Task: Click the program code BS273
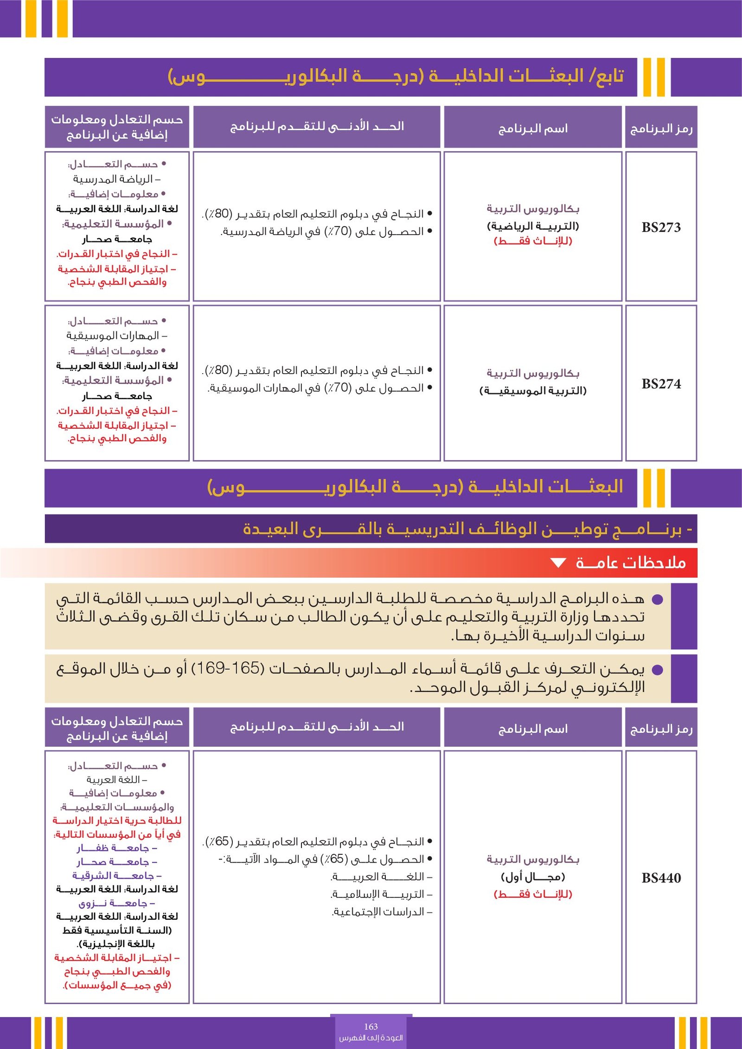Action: (x=661, y=227)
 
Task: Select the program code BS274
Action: (x=661, y=384)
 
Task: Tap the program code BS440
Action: (x=661, y=878)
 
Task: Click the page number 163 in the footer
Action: (x=371, y=1026)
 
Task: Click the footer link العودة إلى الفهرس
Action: (x=371, y=1038)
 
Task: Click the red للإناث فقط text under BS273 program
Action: (x=533, y=241)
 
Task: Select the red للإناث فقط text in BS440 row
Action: (x=533, y=894)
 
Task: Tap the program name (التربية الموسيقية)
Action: (x=533, y=391)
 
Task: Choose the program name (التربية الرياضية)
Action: (x=533, y=226)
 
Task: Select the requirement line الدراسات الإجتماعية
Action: (x=382, y=912)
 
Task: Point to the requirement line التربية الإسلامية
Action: (x=382, y=894)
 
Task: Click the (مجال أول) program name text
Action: (x=533, y=877)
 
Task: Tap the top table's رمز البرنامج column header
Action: (x=661, y=128)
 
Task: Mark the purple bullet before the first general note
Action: (x=657, y=600)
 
